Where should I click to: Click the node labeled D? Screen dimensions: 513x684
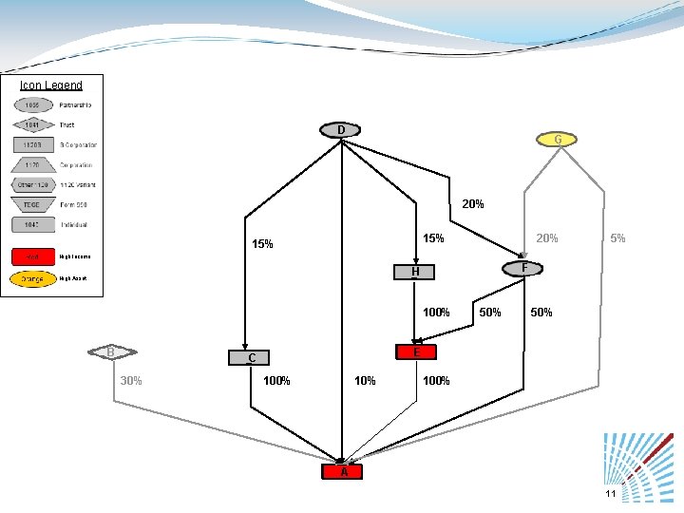pos(341,130)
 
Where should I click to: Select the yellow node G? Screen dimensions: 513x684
pos(558,140)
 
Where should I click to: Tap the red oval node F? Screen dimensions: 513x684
pos(523,268)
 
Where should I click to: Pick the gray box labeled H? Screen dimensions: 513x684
pos(415,273)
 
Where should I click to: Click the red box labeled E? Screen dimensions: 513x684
pos(416,352)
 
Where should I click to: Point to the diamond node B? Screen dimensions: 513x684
pos(111,352)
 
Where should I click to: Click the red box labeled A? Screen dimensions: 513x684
pos(344,471)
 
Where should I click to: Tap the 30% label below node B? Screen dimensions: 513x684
pos(131,381)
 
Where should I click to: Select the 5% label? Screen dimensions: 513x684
pos(617,238)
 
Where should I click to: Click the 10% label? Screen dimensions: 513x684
pos(365,381)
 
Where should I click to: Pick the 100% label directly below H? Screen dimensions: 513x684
pos(437,312)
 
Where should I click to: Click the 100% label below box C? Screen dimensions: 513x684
pos(276,381)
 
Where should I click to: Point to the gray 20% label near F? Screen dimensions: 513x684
pos(547,238)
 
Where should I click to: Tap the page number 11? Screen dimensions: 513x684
pos(610,494)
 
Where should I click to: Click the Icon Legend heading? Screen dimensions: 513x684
pos(51,85)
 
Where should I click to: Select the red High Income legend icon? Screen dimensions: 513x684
pos(32,256)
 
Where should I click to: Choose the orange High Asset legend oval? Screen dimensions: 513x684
pos(32,279)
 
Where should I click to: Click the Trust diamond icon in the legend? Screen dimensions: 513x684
pos(32,124)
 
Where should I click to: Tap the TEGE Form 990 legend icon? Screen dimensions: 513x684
pos(32,204)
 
